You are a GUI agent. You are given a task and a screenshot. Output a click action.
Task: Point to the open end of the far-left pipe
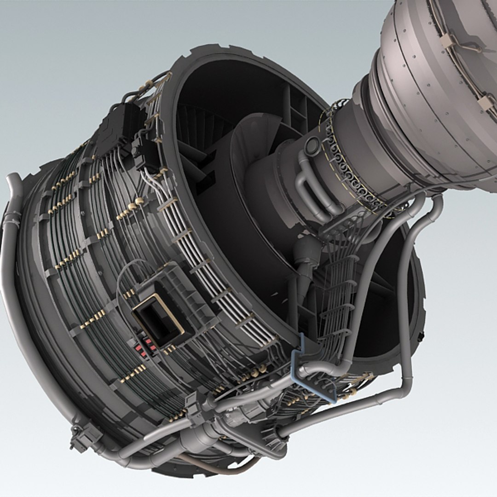13,177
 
